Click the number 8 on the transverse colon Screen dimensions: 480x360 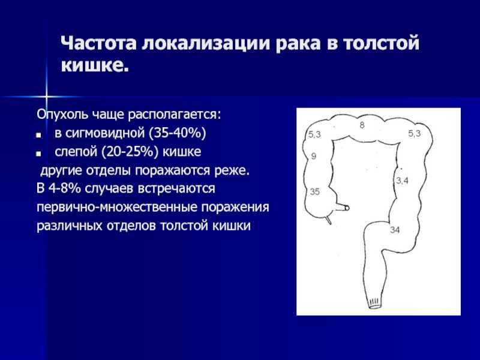[x=362, y=125]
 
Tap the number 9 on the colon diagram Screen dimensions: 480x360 [x=313, y=156]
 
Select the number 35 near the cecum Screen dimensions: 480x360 [x=314, y=191]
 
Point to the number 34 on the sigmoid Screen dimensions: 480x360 [x=395, y=230]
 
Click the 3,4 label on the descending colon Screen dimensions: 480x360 [x=402, y=181]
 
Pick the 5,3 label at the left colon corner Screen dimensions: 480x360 [x=314, y=134]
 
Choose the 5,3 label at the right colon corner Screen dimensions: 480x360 [x=415, y=133]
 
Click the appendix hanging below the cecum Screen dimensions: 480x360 [x=328, y=219]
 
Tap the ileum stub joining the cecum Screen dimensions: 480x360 [x=342, y=208]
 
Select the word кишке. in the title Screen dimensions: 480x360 [x=95, y=65]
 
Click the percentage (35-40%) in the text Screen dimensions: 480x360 [x=178, y=133]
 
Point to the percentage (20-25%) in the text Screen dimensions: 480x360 [x=130, y=152]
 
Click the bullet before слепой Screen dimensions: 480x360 [x=38, y=154]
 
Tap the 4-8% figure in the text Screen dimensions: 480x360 [x=65, y=188]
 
